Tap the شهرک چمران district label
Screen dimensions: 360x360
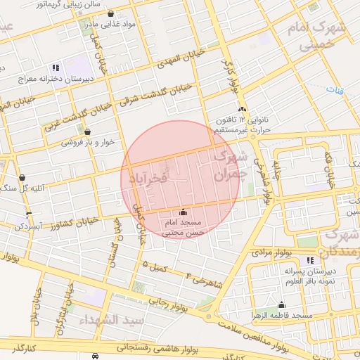(232, 166)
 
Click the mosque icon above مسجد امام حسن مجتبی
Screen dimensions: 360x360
(184, 212)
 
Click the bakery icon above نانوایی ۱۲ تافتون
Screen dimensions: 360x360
(243, 109)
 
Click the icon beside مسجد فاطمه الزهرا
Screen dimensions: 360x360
(282, 304)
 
